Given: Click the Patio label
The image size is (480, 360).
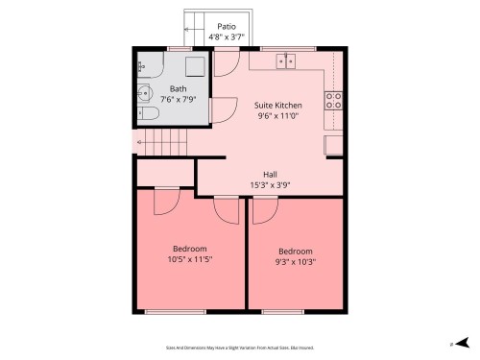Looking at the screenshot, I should [x=227, y=27].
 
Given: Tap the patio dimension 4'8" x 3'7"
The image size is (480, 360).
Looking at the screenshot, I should [x=227, y=37].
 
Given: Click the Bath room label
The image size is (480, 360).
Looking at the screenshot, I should [x=179, y=89].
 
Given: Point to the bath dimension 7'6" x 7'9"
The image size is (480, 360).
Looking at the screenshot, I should [x=179, y=100].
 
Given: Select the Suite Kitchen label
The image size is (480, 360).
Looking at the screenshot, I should [x=278, y=105].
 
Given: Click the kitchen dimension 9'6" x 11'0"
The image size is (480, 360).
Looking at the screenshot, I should [x=278, y=116].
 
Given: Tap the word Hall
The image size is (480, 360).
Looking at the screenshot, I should [x=271, y=175].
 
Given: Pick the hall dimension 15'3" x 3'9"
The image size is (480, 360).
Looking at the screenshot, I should [x=271, y=185].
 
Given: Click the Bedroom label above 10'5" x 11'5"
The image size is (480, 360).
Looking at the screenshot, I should [x=189, y=249].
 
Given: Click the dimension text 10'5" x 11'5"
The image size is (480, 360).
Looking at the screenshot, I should [x=189, y=259].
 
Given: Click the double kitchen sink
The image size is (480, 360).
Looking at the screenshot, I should [x=286, y=60].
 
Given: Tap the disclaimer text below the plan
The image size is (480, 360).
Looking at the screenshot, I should [x=240, y=348].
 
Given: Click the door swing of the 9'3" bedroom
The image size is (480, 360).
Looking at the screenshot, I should [x=260, y=208].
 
